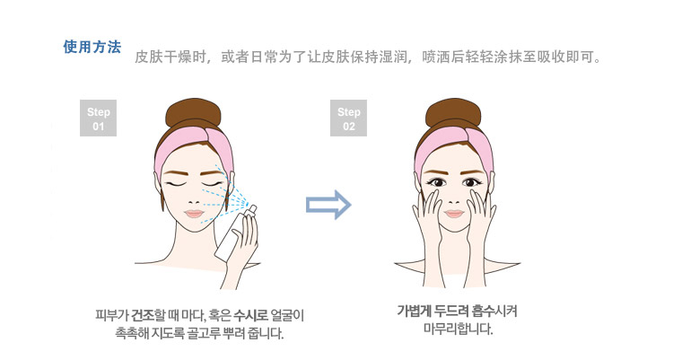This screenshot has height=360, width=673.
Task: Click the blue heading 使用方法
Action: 92,48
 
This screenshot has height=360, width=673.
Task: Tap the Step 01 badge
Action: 99,119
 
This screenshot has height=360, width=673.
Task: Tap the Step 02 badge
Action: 349,119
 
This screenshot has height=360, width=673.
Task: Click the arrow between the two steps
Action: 328,205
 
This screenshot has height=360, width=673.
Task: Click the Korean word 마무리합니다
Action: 458,329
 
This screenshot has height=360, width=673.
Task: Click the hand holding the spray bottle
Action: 248,235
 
